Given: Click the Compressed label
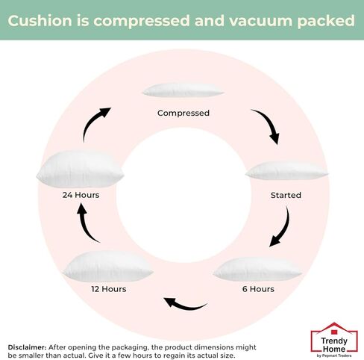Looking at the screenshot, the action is click(x=183, y=114).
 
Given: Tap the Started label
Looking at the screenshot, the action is click(x=286, y=195).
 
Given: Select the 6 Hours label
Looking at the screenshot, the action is click(x=258, y=289).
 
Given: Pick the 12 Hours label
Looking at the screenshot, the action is click(x=109, y=289).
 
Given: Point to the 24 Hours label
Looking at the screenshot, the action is click(x=81, y=195).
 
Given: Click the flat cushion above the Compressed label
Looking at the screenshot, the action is click(x=183, y=90).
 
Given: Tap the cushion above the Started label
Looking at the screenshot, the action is click(x=286, y=171).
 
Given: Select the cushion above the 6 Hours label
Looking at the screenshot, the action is click(x=257, y=269).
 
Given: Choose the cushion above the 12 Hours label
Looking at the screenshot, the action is click(x=108, y=267).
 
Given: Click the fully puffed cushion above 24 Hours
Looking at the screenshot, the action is click(x=80, y=169).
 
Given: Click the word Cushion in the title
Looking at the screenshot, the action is click(x=40, y=20).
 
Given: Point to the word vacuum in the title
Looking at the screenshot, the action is click(x=260, y=21).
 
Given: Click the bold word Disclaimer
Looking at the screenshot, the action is click(x=27, y=347).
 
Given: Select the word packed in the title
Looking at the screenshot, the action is click(x=326, y=21).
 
